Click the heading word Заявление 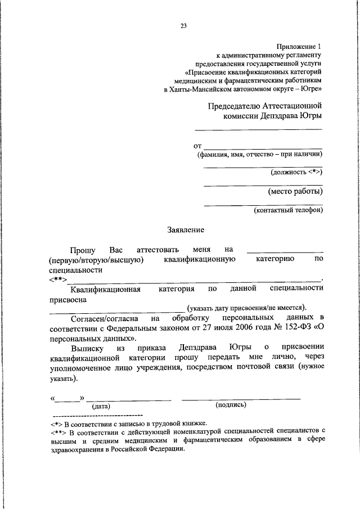[x=186, y=229]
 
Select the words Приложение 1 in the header [x=299, y=46]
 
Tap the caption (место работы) [x=295, y=191]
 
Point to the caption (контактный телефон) [x=288, y=210]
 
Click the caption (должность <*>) [x=296, y=172]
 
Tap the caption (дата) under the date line [x=102, y=406]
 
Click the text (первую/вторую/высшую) [x=97, y=259]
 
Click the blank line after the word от [x=263, y=146]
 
